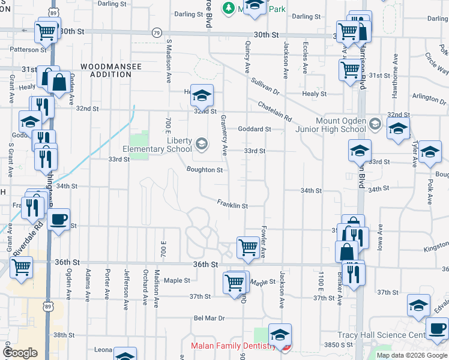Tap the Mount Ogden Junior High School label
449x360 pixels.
(331, 124)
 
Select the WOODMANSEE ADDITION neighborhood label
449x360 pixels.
(106, 70)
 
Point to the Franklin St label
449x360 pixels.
(232, 205)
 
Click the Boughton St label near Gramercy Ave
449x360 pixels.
(204, 170)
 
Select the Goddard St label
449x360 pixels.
(255, 128)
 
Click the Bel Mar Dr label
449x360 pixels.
(208, 318)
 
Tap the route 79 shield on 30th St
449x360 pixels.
(157, 32)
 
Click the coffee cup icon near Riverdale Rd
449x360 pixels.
(58, 220)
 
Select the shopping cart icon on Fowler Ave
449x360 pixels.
(248, 246)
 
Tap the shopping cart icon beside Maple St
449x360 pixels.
(234, 281)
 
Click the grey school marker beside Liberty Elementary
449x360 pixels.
(201, 143)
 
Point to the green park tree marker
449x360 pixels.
(228, 8)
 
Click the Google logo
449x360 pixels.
(20, 353)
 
